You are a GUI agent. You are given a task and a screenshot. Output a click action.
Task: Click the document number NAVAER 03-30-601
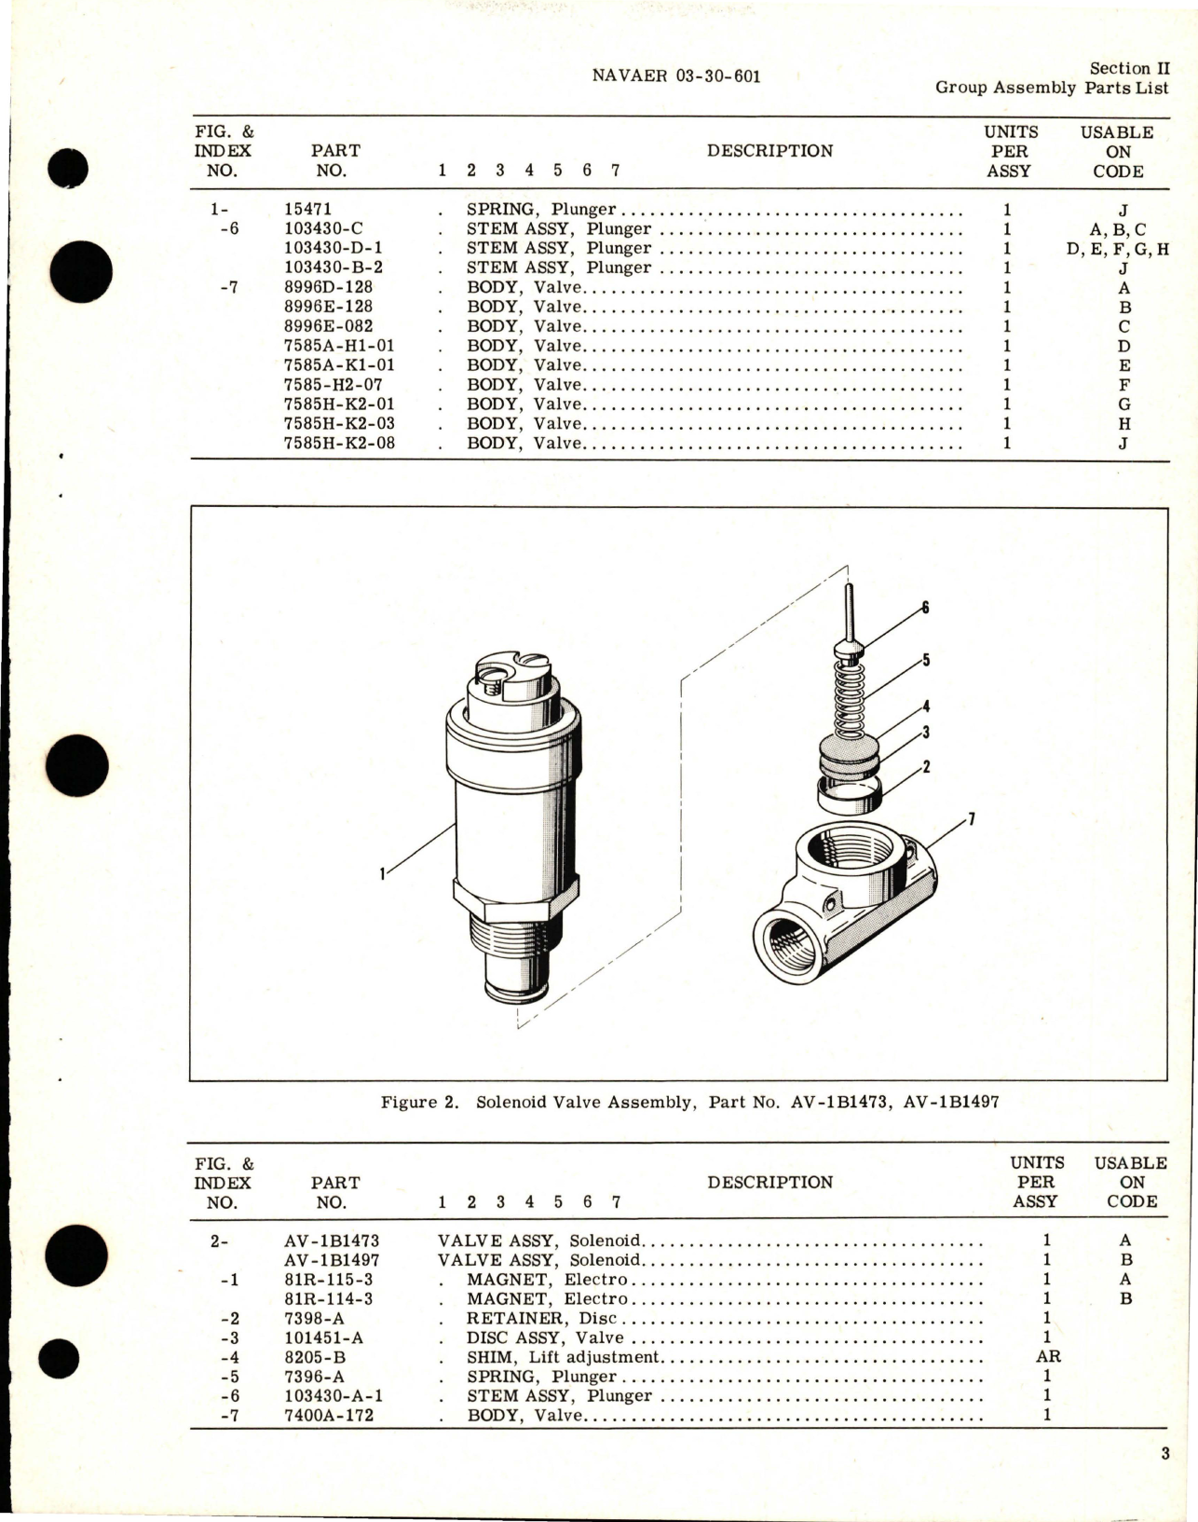coord(675,76)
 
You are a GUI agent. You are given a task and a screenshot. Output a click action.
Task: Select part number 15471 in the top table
coord(307,210)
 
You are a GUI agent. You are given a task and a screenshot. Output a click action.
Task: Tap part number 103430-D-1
coord(334,248)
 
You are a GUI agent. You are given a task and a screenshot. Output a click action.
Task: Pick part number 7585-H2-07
coord(334,384)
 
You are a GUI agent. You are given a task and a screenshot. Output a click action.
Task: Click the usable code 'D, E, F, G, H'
coord(1118,249)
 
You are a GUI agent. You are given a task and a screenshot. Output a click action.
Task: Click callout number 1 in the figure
coord(382,874)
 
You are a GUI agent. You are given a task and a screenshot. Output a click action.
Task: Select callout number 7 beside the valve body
coord(972,819)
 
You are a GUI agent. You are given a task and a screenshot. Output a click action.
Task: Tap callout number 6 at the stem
coord(925,608)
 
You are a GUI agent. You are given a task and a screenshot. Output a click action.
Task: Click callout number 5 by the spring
coord(926,660)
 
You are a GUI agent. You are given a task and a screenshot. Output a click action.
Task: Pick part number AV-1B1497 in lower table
coord(332,1259)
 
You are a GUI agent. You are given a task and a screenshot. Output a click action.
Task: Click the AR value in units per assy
coord(1048,1356)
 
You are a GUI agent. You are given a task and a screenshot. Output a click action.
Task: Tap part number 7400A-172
coord(330,1415)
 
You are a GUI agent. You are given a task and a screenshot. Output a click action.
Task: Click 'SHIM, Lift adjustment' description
coord(563,1357)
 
